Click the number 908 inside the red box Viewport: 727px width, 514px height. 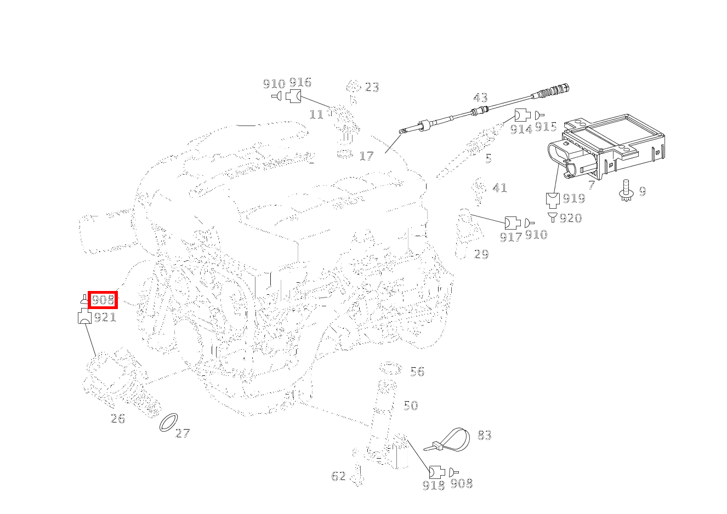click(x=103, y=300)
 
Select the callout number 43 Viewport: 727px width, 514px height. click(x=480, y=98)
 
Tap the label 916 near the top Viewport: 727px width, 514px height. click(x=300, y=82)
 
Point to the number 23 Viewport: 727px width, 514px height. click(x=372, y=87)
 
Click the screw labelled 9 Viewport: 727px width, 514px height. click(x=627, y=191)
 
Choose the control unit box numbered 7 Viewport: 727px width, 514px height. click(x=606, y=147)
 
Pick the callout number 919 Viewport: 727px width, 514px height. click(x=574, y=198)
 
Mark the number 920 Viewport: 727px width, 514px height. click(x=571, y=218)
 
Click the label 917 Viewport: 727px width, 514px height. click(x=510, y=237)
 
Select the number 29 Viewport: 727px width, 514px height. click(x=481, y=254)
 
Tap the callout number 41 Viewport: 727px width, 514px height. click(x=499, y=188)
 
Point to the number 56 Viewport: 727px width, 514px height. click(x=417, y=372)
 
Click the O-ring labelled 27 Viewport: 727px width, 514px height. click(x=169, y=422)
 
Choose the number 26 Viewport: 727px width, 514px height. click(x=117, y=419)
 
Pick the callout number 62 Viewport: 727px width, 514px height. click(x=338, y=476)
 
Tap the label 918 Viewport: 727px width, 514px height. click(x=434, y=485)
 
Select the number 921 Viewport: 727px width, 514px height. click(x=105, y=317)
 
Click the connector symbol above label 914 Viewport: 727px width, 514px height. click(x=522, y=115)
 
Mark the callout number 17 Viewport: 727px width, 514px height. click(x=366, y=156)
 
